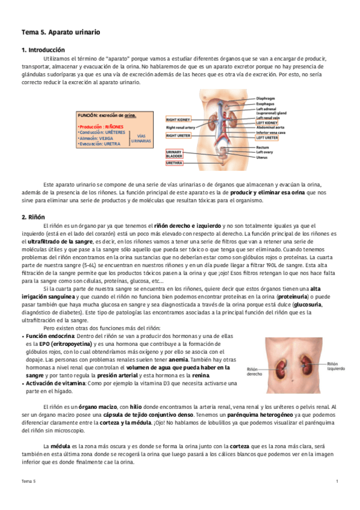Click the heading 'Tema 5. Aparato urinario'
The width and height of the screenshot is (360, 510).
(61, 31)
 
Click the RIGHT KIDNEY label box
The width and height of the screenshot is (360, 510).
(178, 120)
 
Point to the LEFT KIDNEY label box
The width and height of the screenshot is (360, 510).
(267, 123)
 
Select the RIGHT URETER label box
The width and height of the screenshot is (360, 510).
(178, 136)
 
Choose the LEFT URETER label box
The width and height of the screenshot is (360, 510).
(267, 138)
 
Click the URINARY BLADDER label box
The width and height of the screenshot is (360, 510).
(174, 155)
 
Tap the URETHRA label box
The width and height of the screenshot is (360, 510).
(174, 163)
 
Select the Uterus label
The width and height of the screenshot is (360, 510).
(262, 158)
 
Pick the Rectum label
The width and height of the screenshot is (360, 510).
(263, 147)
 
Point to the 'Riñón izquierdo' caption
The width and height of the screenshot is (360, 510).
(335, 366)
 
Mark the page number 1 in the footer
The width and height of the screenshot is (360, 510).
(337, 482)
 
